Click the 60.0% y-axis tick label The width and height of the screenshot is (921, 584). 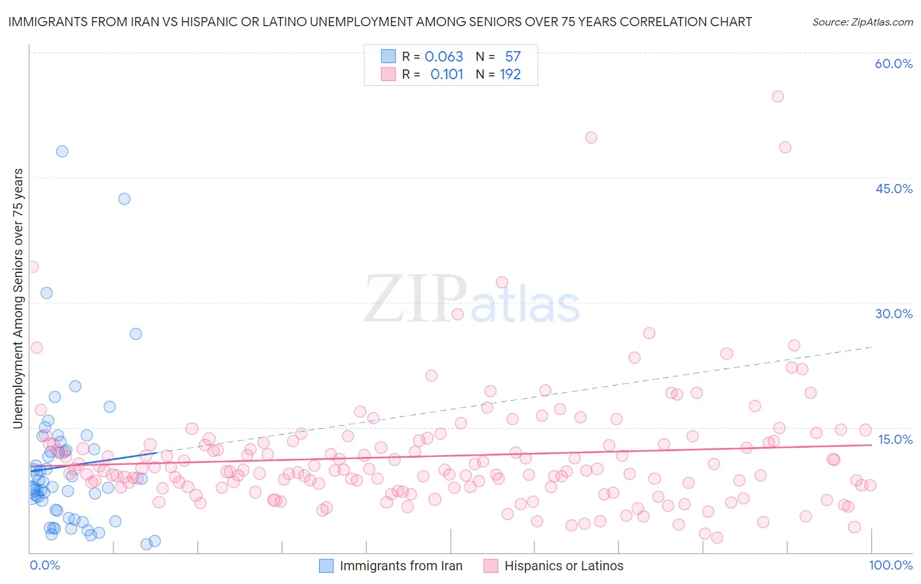pos(893,64)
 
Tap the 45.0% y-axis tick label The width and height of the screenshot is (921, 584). pos(893,189)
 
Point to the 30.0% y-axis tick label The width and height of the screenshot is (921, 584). pos(893,314)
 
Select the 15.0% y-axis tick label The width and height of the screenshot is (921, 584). pos(895,439)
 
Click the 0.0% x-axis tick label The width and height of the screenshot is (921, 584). pos(45,565)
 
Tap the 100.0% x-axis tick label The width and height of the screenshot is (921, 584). pos(891,565)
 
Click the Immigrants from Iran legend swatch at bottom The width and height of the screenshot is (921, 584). pos(326,566)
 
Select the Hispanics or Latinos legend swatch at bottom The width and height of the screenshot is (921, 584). pos(491,566)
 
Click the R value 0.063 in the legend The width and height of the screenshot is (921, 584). pos(443,57)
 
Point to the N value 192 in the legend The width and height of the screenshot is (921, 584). pos(510,75)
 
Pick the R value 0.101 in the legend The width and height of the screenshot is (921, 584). pos(447,75)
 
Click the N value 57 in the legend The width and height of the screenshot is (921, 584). pos(512,57)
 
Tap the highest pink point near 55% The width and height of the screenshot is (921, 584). pos(778,96)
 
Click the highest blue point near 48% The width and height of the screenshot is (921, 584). pos(62,151)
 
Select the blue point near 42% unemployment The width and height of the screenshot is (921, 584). pos(124,199)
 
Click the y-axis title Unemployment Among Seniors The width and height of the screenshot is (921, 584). pos(18,299)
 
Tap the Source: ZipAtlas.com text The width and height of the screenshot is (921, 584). pos(862,22)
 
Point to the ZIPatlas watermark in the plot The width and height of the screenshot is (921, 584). pos(472,300)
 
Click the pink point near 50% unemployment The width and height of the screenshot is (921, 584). pos(591,137)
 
